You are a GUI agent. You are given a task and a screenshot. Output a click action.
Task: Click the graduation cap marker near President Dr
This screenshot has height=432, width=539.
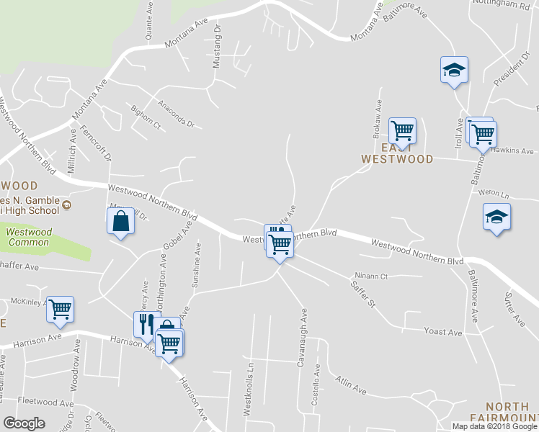(454, 71)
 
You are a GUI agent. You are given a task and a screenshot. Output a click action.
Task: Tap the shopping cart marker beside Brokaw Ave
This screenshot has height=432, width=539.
(402, 130)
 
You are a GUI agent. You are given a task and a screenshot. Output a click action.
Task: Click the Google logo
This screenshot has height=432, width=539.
(24, 423)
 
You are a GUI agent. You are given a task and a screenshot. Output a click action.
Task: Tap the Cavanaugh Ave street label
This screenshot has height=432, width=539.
(303, 337)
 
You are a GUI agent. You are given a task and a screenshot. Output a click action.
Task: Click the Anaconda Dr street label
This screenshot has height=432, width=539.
(177, 113)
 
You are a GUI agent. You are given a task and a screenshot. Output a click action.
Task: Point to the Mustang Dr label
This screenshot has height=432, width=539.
(218, 50)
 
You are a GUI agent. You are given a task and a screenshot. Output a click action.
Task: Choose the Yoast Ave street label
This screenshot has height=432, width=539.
(442, 333)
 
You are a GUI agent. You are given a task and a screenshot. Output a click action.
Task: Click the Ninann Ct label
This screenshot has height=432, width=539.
(371, 276)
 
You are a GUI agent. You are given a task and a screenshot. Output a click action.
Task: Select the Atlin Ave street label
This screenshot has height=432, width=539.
(350, 385)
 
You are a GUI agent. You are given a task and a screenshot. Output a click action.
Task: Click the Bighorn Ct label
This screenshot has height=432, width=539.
(146, 117)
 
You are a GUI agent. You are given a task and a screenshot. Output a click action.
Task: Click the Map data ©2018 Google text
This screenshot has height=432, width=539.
(494, 426)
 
